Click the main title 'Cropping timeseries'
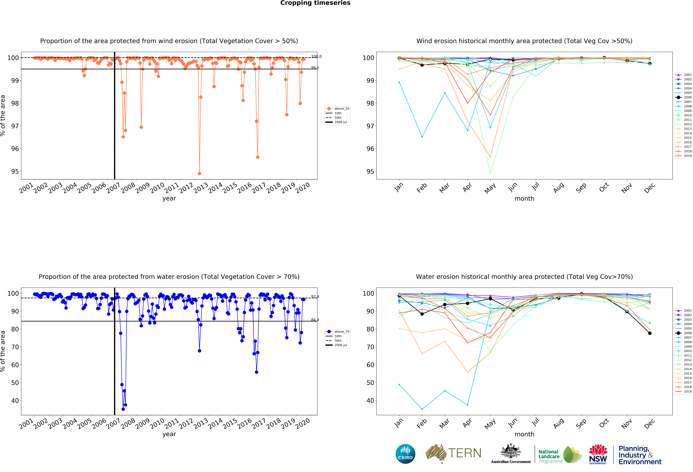click(315, 3)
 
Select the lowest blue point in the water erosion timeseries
click(123, 409)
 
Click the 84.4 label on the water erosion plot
click(315, 320)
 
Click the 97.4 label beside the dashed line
click(315, 296)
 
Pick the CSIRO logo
click(405, 454)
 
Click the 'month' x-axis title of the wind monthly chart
click(524, 198)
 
